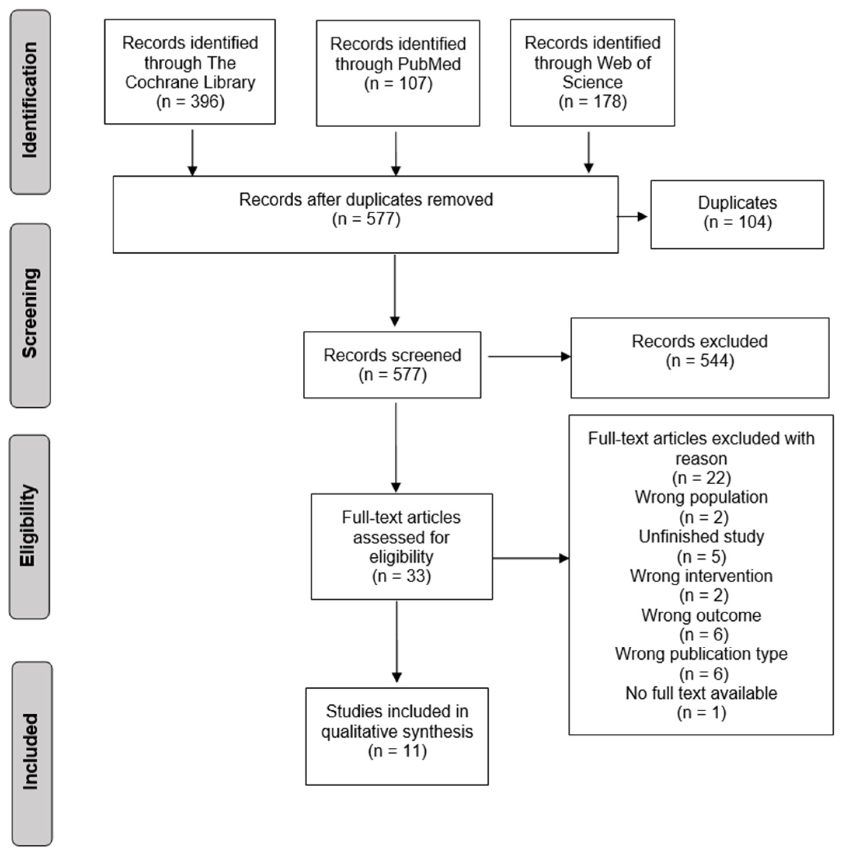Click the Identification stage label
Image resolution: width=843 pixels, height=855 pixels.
tap(30, 102)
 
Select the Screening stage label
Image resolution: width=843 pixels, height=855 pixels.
tap(30, 315)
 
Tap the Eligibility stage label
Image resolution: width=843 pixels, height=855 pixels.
tap(29, 526)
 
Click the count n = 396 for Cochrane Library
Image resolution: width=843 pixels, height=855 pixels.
tap(190, 102)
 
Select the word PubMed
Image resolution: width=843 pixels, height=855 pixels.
tap(429, 64)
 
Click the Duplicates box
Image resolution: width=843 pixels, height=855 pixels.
tap(737, 214)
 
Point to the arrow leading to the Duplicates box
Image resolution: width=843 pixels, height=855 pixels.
tap(632, 216)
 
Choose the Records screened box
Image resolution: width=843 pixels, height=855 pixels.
tap(392, 365)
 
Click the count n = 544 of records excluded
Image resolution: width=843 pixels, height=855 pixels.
tap(700, 361)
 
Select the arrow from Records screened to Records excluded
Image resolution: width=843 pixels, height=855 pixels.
tap(529, 356)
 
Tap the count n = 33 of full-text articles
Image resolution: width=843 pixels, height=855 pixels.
tap(401, 576)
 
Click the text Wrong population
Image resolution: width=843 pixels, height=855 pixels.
tap(701, 497)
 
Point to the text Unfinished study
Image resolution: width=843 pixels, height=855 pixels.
tap(701, 536)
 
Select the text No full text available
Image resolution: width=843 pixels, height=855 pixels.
tap(701, 693)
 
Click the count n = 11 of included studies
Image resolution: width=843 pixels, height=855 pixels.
tap(397, 751)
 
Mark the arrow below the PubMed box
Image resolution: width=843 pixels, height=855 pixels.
tap(396, 153)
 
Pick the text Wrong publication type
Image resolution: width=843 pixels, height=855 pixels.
tap(701, 654)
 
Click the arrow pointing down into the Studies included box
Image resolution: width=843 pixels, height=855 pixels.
tap(397, 642)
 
